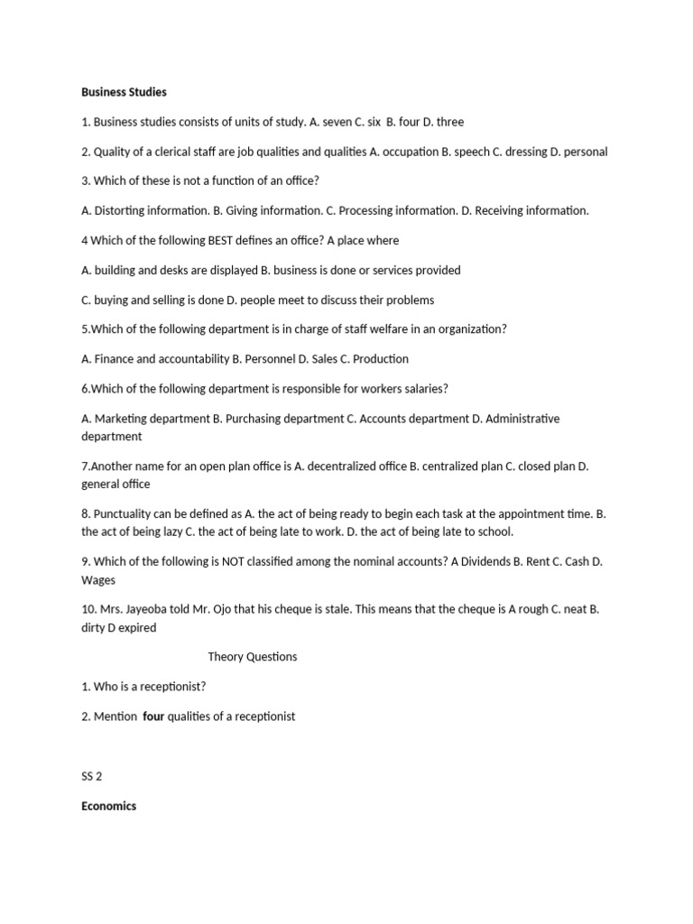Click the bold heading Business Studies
coord(124,92)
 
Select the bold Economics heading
coord(108,806)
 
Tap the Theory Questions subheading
coord(252,657)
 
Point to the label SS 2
coord(93,776)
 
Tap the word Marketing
coord(124,419)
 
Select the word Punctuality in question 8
coord(125,513)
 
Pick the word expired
coord(135,627)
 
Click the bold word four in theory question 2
coord(153,716)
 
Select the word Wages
coord(98,579)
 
